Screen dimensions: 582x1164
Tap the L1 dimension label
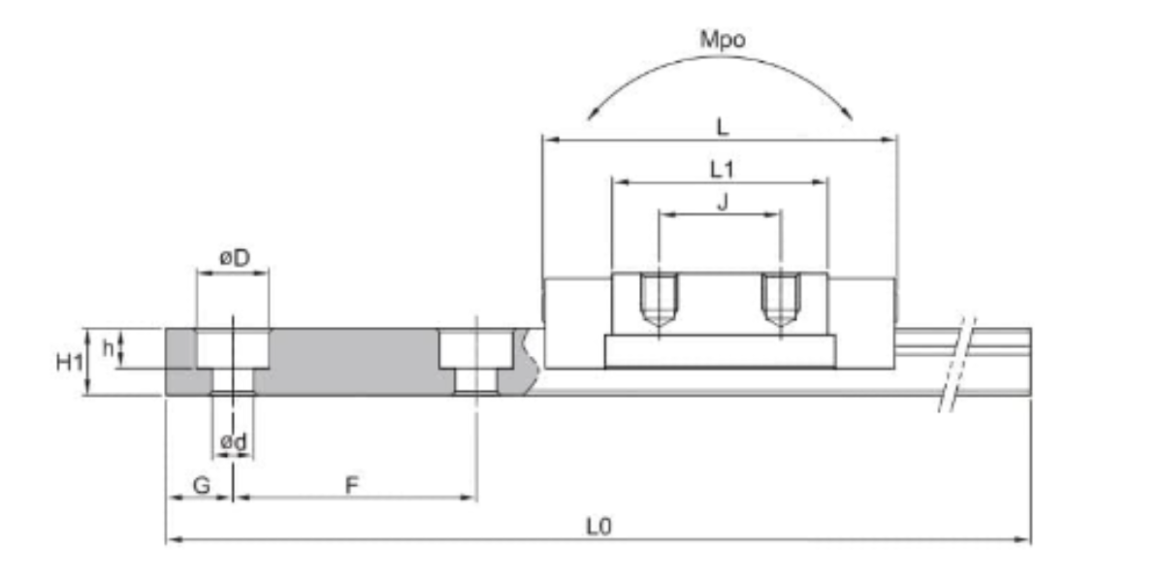click(x=720, y=169)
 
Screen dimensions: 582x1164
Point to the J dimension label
click(x=720, y=202)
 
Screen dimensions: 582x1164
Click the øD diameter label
click(x=233, y=259)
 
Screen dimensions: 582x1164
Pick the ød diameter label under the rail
click(x=233, y=441)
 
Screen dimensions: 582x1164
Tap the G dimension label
click(x=200, y=485)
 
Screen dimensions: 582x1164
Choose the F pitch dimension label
click(x=354, y=485)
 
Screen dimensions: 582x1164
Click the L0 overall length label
click(x=598, y=526)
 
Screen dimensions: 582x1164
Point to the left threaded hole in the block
click(x=660, y=301)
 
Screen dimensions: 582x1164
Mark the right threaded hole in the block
click(x=780, y=301)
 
